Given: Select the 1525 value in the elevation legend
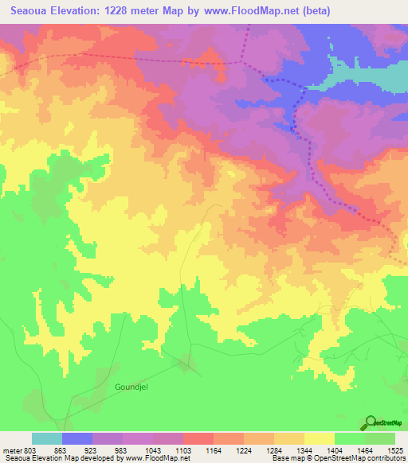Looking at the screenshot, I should pos(394,449).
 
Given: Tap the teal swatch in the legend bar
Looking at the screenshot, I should pos(47,438).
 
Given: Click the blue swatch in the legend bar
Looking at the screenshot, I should pos(77,438).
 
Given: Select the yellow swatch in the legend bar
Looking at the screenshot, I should pos(319,438).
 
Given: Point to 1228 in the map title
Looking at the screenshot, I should pos(131,11).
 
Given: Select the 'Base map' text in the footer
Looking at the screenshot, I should pos(288,458).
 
